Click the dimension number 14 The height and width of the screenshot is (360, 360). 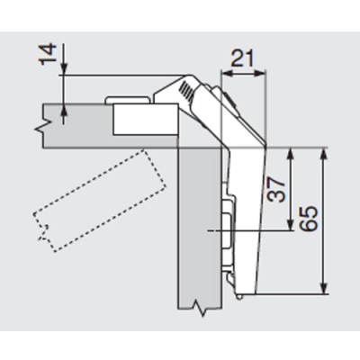coord(48,54)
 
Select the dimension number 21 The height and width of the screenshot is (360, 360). coord(242,58)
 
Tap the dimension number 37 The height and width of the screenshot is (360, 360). coord(276,189)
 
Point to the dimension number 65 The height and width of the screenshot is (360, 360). coord(308,218)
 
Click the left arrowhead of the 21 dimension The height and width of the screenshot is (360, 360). coord(226,73)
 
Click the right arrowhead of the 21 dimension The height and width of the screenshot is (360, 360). coord(261,73)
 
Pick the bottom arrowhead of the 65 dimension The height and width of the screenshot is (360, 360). coord(323,288)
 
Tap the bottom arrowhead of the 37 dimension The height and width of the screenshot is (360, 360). coord(290,225)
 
